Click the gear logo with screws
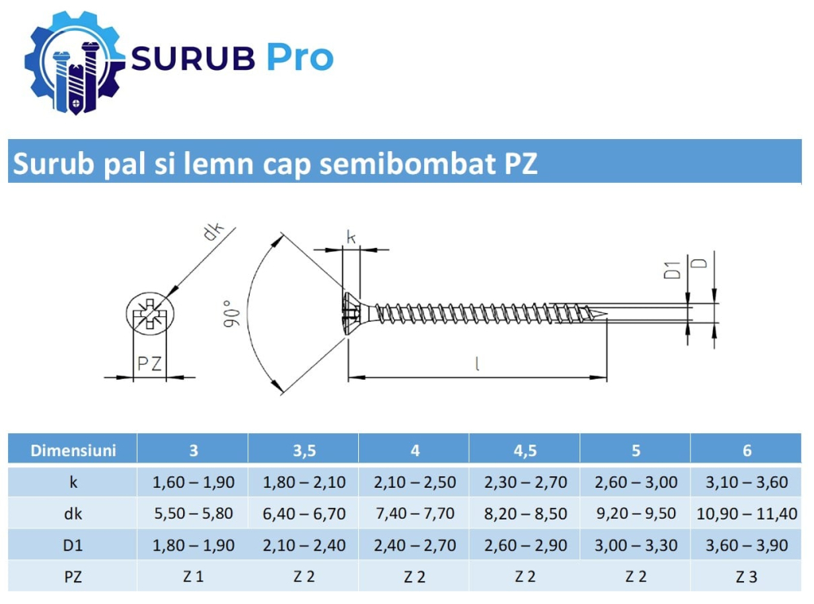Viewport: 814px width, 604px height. (74, 61)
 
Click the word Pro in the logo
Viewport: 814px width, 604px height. (300, 58)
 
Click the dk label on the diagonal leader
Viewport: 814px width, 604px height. (213, 232)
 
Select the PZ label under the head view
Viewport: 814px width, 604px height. (149, 363)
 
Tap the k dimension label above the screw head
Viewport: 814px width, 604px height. (351, 237)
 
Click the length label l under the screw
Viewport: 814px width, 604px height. (477, 364)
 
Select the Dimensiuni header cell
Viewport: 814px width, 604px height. (72, 450)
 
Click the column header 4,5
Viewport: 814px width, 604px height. (525, 450)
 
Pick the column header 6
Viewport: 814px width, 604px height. (746, 450)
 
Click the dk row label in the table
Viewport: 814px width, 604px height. (72, 514)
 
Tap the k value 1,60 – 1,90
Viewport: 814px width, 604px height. (193, 482)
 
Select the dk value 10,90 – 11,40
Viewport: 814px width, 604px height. (746, 514)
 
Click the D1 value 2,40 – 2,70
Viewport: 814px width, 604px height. (414, 545)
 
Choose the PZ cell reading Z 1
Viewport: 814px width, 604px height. (193, 577)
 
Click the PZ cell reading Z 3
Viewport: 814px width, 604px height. (746, 577)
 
